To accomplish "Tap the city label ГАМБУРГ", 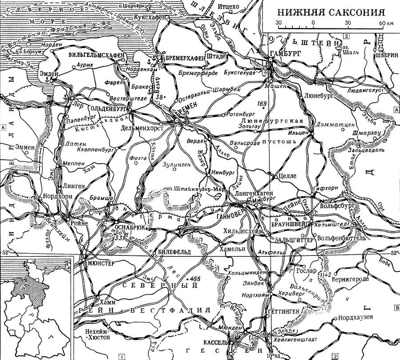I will (x=285, y=53).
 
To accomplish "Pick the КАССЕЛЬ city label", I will (x=215, y=343).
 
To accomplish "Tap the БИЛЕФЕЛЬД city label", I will (x=175, y=252).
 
